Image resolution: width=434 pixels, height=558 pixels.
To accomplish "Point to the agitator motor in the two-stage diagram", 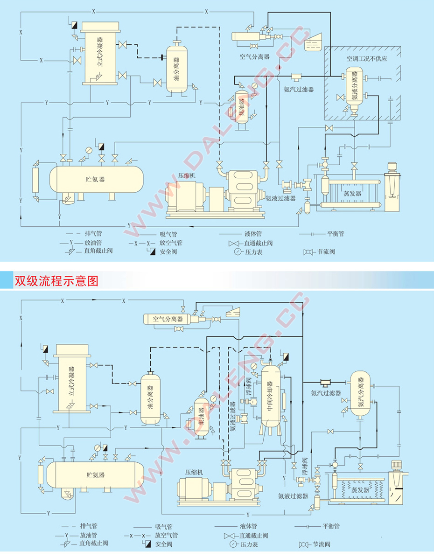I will coord(398,465).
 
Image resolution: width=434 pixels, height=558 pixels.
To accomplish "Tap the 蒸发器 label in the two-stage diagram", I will coord(360,490).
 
